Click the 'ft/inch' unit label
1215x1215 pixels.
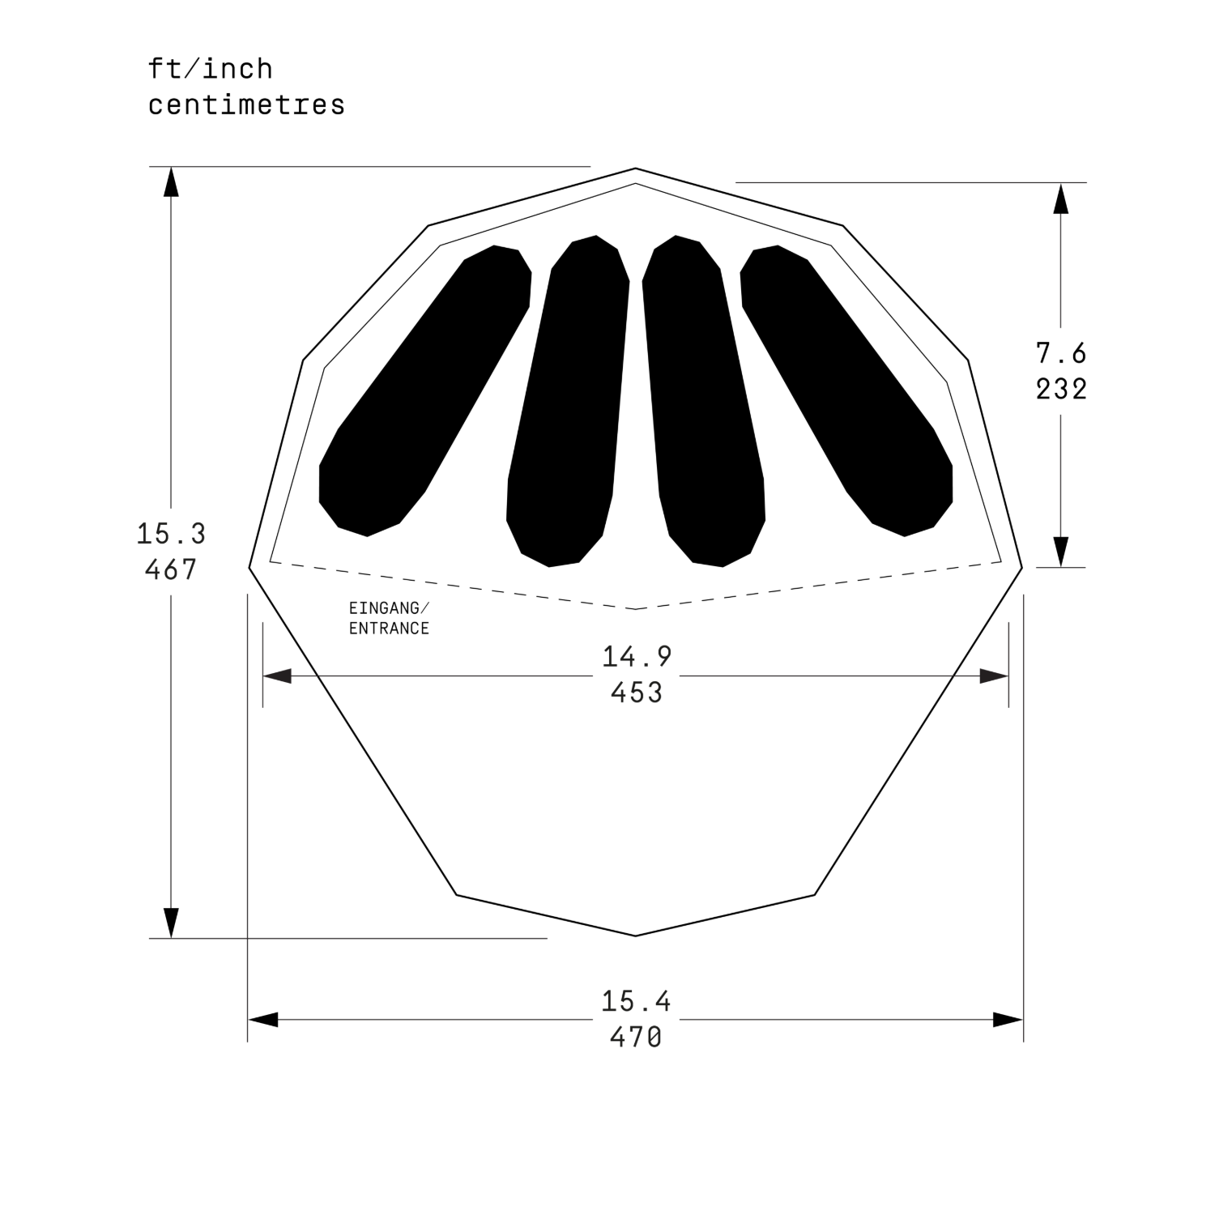tap(211, 69)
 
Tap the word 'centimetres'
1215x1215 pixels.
tap(246, 105)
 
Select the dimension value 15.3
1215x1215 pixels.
tap(171, 534)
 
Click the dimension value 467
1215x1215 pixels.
tap(171, 570)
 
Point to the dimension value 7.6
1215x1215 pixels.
tap(1061, 353)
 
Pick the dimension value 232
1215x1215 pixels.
tap(1061, 390)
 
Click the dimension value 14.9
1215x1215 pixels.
tap(637, 657)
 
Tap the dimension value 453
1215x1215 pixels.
tap(637, 693)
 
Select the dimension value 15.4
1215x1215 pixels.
tap(636, 1002)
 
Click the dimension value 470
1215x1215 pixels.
tap(636, 1038)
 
